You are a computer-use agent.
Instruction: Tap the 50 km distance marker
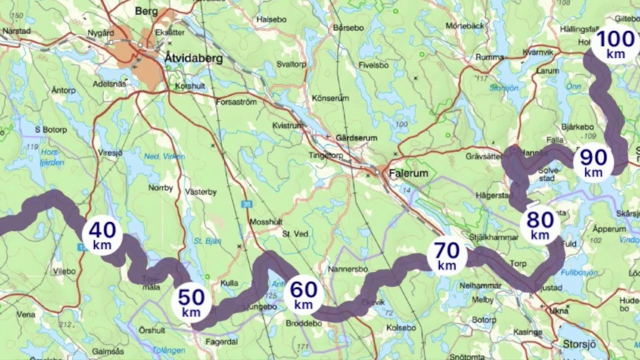(191, 303)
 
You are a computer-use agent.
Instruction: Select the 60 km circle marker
(303, 295)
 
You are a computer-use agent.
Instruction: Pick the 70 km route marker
(446, 255)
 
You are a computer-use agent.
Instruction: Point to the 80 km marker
(540, 225)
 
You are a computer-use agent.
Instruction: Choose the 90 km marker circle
(593, 162)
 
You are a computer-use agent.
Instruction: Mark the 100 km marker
(615, 43)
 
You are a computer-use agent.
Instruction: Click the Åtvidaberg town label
(193, 58)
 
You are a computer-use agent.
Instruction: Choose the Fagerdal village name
(221, 342)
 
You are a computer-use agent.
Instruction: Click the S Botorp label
(50, 129)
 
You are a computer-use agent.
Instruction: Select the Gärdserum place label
(356, 137)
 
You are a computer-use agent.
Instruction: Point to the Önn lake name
(573, 86)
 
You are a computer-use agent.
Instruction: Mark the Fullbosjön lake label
(579, 272)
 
